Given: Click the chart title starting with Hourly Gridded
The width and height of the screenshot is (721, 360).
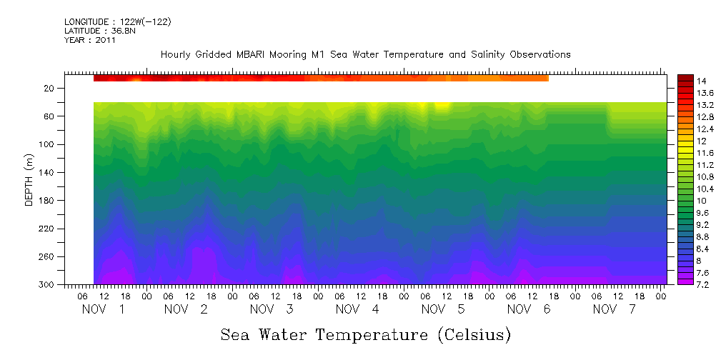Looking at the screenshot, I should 365,54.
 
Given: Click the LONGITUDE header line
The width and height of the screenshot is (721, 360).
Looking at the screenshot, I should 117,22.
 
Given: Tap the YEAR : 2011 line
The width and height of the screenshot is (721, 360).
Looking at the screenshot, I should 89,40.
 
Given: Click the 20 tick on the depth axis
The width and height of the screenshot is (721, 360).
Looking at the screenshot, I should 50,88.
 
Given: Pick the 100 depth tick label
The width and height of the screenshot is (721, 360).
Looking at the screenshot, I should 47,144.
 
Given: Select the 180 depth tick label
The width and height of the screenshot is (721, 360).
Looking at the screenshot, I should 47,201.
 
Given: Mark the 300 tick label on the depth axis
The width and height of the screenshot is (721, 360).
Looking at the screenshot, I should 47,284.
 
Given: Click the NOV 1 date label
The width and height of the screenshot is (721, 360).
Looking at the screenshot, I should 103,309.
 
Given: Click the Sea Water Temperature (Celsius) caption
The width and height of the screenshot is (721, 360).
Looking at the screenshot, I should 365,334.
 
